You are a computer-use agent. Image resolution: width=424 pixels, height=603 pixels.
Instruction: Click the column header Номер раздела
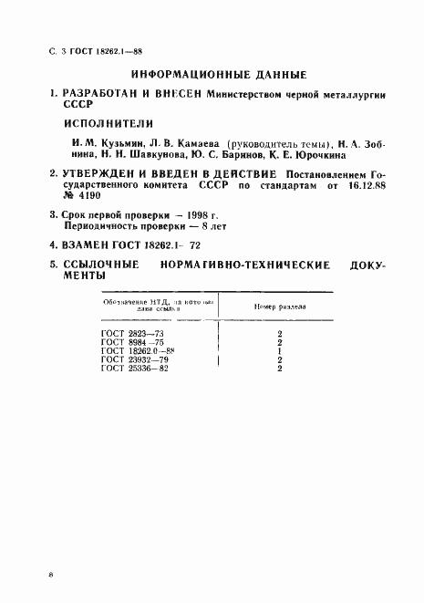279,307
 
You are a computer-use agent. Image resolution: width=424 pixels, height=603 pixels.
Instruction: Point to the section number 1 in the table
279,351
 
